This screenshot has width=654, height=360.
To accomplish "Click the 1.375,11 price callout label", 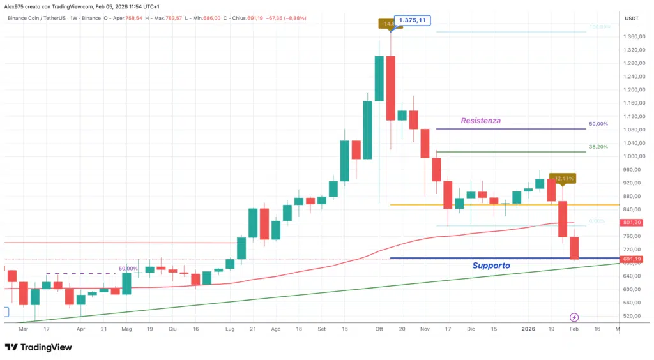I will click(x=413, y=20).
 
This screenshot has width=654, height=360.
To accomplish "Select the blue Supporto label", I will click(x=491, y=265).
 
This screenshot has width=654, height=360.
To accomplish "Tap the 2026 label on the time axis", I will click(x=528, y=329).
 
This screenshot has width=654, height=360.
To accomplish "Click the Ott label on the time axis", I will click(x=379, y=329).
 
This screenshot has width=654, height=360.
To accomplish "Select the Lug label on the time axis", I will click(x=230, y=329).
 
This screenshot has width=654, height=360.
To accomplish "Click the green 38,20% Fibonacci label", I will click(x=598, y=147).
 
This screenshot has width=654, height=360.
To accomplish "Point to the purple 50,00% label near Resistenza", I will click(x=598, y=124).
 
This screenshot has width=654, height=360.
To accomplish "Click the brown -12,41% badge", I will click(x=565, y=178).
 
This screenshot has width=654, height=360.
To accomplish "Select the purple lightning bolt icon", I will click(x=574, y=317).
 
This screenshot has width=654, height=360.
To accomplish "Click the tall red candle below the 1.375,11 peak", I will click(x=390, y=88).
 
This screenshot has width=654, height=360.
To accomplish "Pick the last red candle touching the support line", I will click(x=574, y=248).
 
